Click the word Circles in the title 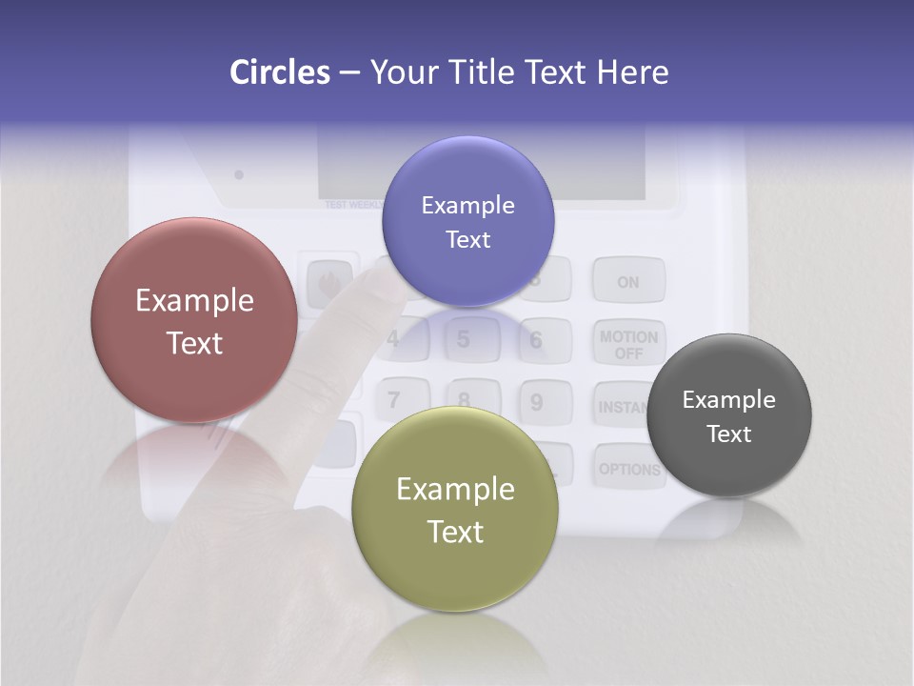pos(280,72)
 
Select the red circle pos(194,320)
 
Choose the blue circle pos(467,221)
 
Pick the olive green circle pos(454,509)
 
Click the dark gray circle pos(728,415)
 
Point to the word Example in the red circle pos(194,301)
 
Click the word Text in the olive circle pos(455,532)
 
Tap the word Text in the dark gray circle pos(728,434)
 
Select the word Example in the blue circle pos(467,205)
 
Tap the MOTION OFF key pos(628,344)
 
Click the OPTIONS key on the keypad pos(628,469)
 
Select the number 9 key pos(536,402)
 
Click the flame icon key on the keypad pos(328,282)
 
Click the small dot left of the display pos(239,174)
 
